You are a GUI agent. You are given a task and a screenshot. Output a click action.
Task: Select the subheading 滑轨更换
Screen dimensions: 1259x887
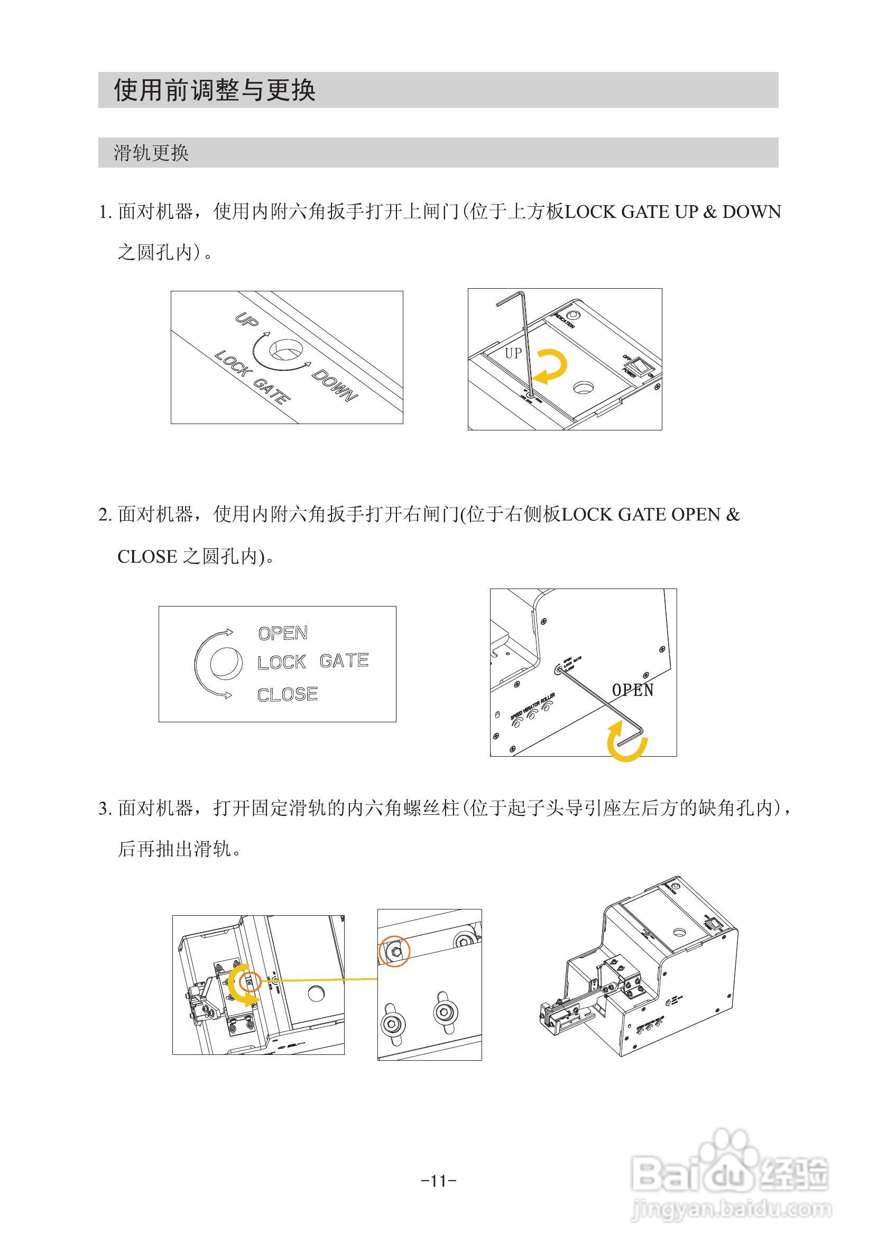pos(151,153)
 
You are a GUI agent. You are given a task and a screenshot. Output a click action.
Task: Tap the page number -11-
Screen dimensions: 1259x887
pos(439,1180)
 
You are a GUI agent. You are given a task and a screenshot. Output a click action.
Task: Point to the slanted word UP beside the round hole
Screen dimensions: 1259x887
pos(246,320)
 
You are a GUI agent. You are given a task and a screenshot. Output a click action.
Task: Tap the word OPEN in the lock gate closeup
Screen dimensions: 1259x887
pos(283,633)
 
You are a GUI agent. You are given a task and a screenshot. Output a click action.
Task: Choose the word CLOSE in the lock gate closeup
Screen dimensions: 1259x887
pos(287,694)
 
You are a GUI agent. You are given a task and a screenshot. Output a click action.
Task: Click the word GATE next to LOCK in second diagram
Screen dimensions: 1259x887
pos(344,661)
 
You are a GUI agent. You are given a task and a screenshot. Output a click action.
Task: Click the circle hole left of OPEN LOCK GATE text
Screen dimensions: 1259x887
pos(225,663)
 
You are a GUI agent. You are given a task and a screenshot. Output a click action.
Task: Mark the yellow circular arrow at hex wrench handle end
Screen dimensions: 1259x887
pos(626,742)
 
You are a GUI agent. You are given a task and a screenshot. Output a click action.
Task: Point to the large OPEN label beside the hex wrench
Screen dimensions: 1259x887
pos(632,690)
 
